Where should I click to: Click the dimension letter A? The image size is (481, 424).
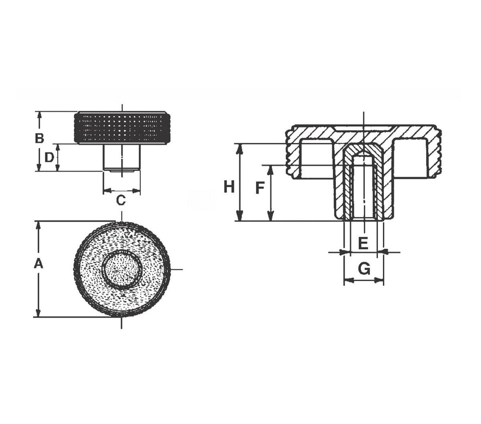(38, 264)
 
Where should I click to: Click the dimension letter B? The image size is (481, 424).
(39, 138)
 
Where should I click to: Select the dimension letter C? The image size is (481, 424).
(121, 200)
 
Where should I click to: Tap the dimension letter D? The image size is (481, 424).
(49, 157)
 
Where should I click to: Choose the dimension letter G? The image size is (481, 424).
(364, 269)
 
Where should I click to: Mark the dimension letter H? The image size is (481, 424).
(229, 187)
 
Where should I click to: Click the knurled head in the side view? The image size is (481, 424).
(122, 127)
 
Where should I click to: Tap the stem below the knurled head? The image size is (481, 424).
(122, 157)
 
